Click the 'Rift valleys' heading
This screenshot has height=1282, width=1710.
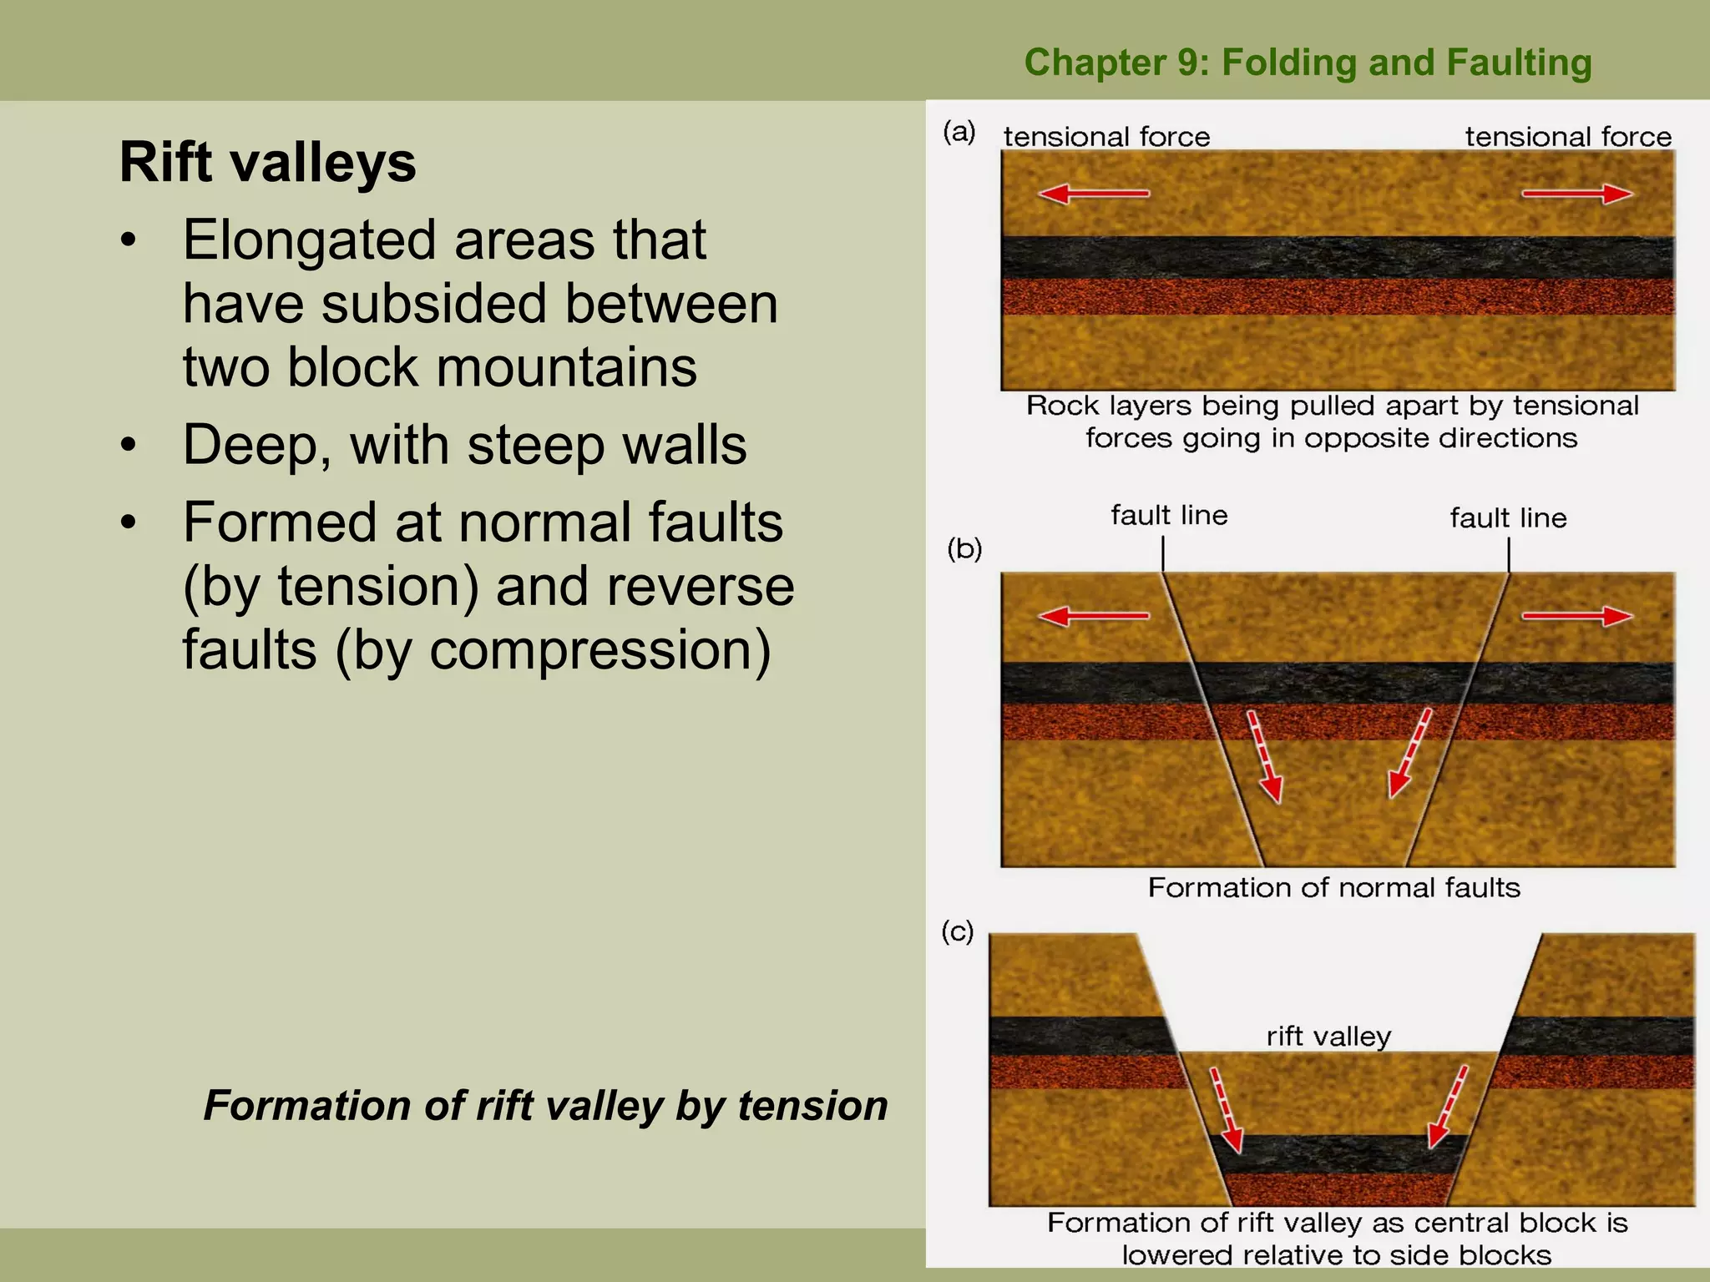[x=267, y=162]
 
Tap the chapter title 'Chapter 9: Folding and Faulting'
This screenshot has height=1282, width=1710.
[x=1308, y=63]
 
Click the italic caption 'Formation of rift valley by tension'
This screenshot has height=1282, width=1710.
[x=545, y=1105]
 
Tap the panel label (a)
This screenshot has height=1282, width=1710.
[x=959, y=132]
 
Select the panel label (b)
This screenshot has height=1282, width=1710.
[x=964, y=549]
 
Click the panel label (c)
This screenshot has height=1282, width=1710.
[x=958, y=931]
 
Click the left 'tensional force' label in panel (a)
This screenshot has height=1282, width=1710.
[x=1106, y=137]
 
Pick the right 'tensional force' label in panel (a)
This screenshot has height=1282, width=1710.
[x=1568, y=137]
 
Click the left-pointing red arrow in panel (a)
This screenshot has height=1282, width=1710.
[x=1093, y=194]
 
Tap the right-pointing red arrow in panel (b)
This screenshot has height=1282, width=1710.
[x=1576, y=617]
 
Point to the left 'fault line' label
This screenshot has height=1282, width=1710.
[x=1169, y=516]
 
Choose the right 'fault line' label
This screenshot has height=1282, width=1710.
[x=1508, y=518]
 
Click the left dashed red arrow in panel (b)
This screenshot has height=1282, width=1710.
[x=1264, y=756]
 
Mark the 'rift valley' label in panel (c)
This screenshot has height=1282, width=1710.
[x=1328, y=1037]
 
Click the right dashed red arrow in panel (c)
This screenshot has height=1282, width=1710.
[x=1448, y=1106]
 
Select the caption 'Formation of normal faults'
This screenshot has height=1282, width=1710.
[x=1333, y=887]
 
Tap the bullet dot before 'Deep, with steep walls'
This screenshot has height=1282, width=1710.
[x=128, y=446]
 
